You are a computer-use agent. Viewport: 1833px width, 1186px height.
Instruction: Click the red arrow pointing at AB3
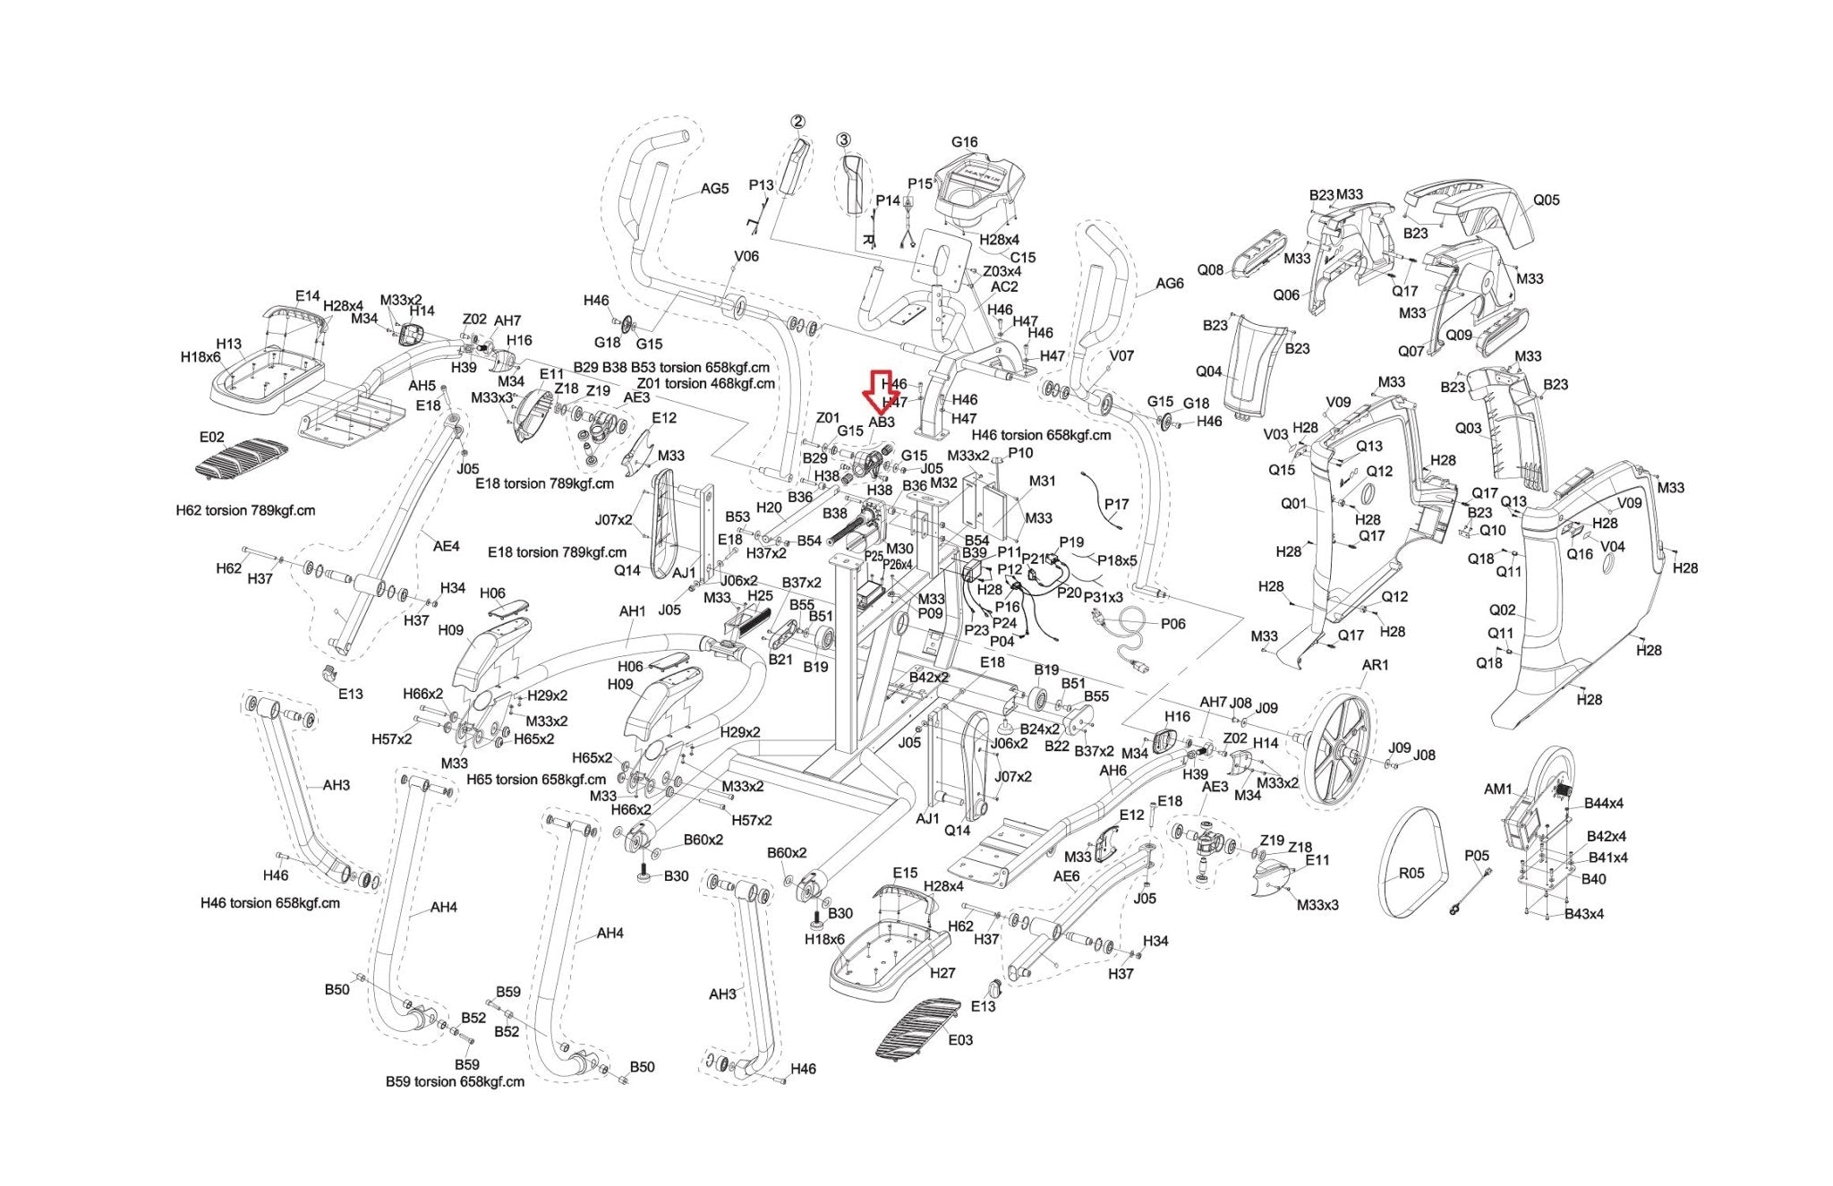coord(876,391)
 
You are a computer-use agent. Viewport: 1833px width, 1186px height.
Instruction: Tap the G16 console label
coord(964,142)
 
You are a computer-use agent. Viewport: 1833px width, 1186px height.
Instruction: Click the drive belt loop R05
coord(1412,861)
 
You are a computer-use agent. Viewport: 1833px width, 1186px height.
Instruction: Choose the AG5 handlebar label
coord(714,189)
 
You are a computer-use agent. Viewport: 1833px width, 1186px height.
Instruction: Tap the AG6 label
coord(1169,284)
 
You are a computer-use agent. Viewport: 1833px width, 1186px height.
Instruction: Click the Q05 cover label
coord(1546,201)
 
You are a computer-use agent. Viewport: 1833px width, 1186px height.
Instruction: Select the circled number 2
coord(797,122)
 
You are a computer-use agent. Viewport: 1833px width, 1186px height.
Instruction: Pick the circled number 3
coord(843,140)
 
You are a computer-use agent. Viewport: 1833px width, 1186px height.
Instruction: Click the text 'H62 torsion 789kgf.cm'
coord(245,511)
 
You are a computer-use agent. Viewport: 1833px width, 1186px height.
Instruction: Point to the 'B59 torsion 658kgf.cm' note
coord(455,1081)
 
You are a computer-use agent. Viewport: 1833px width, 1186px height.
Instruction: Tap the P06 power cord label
coord(1172,624)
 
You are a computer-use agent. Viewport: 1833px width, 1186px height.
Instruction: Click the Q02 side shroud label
coord(1502,610)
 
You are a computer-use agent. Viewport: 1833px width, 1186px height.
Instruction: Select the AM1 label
coord(1497,789)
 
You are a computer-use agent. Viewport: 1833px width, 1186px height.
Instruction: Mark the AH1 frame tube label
coord(632,611)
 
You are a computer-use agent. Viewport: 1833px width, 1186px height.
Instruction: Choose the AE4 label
coord(446,546)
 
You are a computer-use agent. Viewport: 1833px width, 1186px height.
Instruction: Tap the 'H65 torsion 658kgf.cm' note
coord(536,780)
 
